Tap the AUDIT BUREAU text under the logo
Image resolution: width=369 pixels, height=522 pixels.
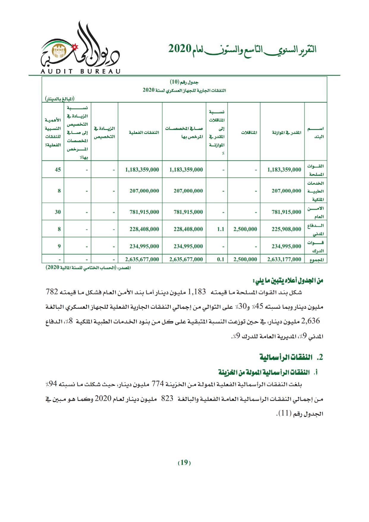point(80,71)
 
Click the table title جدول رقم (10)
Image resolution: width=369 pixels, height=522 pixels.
point(184,81)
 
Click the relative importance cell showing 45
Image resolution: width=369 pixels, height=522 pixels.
point(58,170)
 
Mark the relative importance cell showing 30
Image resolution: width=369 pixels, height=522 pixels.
point(58,212)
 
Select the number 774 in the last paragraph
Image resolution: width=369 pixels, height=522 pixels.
point(157,384)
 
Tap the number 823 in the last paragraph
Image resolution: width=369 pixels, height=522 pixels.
point(167,399)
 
